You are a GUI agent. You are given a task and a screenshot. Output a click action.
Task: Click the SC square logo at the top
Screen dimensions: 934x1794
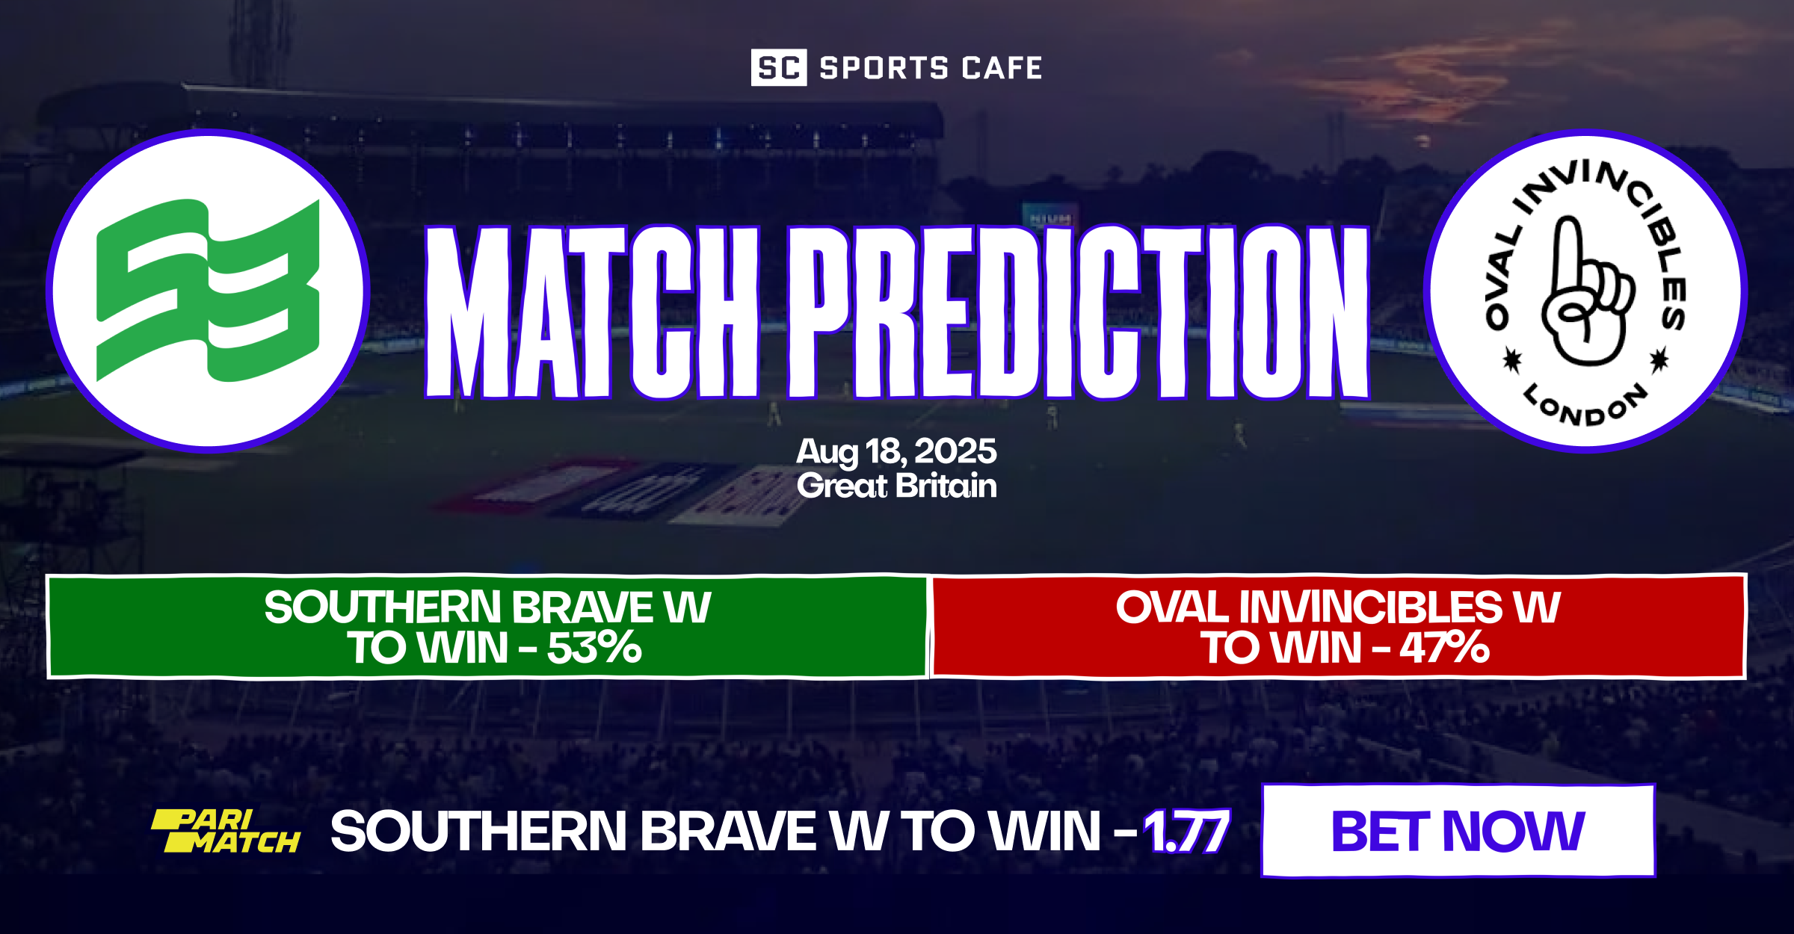(x=778, y=67)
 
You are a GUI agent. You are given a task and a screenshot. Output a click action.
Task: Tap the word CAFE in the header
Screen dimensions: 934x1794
(x=1002, y=68)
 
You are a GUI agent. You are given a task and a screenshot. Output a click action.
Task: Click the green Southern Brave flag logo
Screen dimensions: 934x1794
(x=209, y=290)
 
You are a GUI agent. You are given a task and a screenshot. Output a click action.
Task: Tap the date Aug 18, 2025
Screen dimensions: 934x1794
(x=896, y=451)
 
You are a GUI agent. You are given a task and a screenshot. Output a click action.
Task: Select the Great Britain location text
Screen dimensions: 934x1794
(x=896, y=486)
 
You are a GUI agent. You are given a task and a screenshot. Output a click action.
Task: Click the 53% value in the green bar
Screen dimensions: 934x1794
(x=594, y=648)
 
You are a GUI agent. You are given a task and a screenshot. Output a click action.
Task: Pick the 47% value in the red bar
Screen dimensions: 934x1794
(x=1444, y=648)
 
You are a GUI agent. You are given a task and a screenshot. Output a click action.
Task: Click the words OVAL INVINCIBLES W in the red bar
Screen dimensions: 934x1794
(x=1338, y=607)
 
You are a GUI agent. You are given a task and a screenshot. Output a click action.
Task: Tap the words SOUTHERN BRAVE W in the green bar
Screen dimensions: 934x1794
(x=487, y=607)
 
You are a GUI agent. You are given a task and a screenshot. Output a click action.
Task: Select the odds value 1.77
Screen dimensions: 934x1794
(x=1186, y=832)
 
